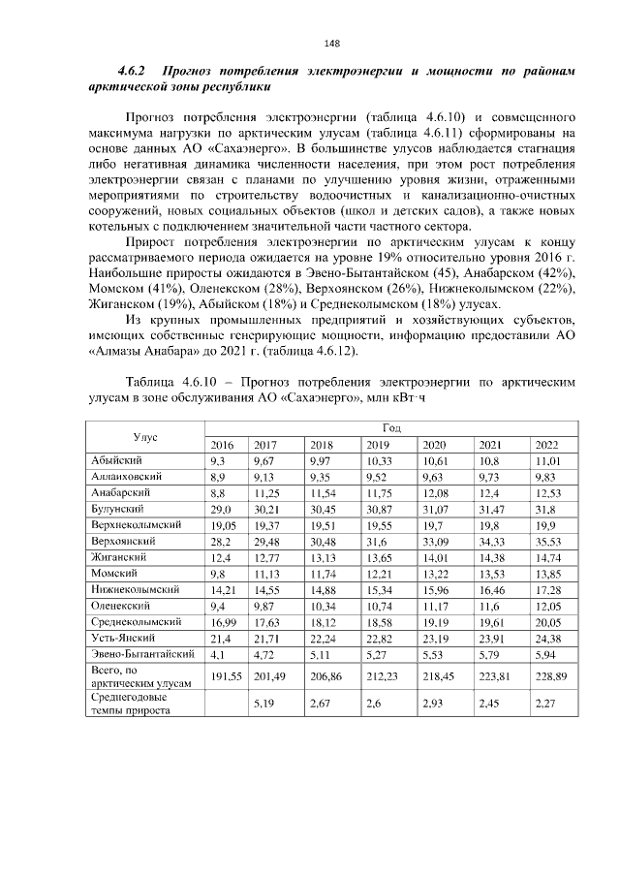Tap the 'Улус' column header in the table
pyautogui.click(x=146, y=436)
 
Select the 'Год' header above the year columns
pyautogui.click(x=391, y=427)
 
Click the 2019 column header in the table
pyautogui.click(x=379, y=445)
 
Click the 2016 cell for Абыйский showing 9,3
pyautogui.click(x=218, y=461)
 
